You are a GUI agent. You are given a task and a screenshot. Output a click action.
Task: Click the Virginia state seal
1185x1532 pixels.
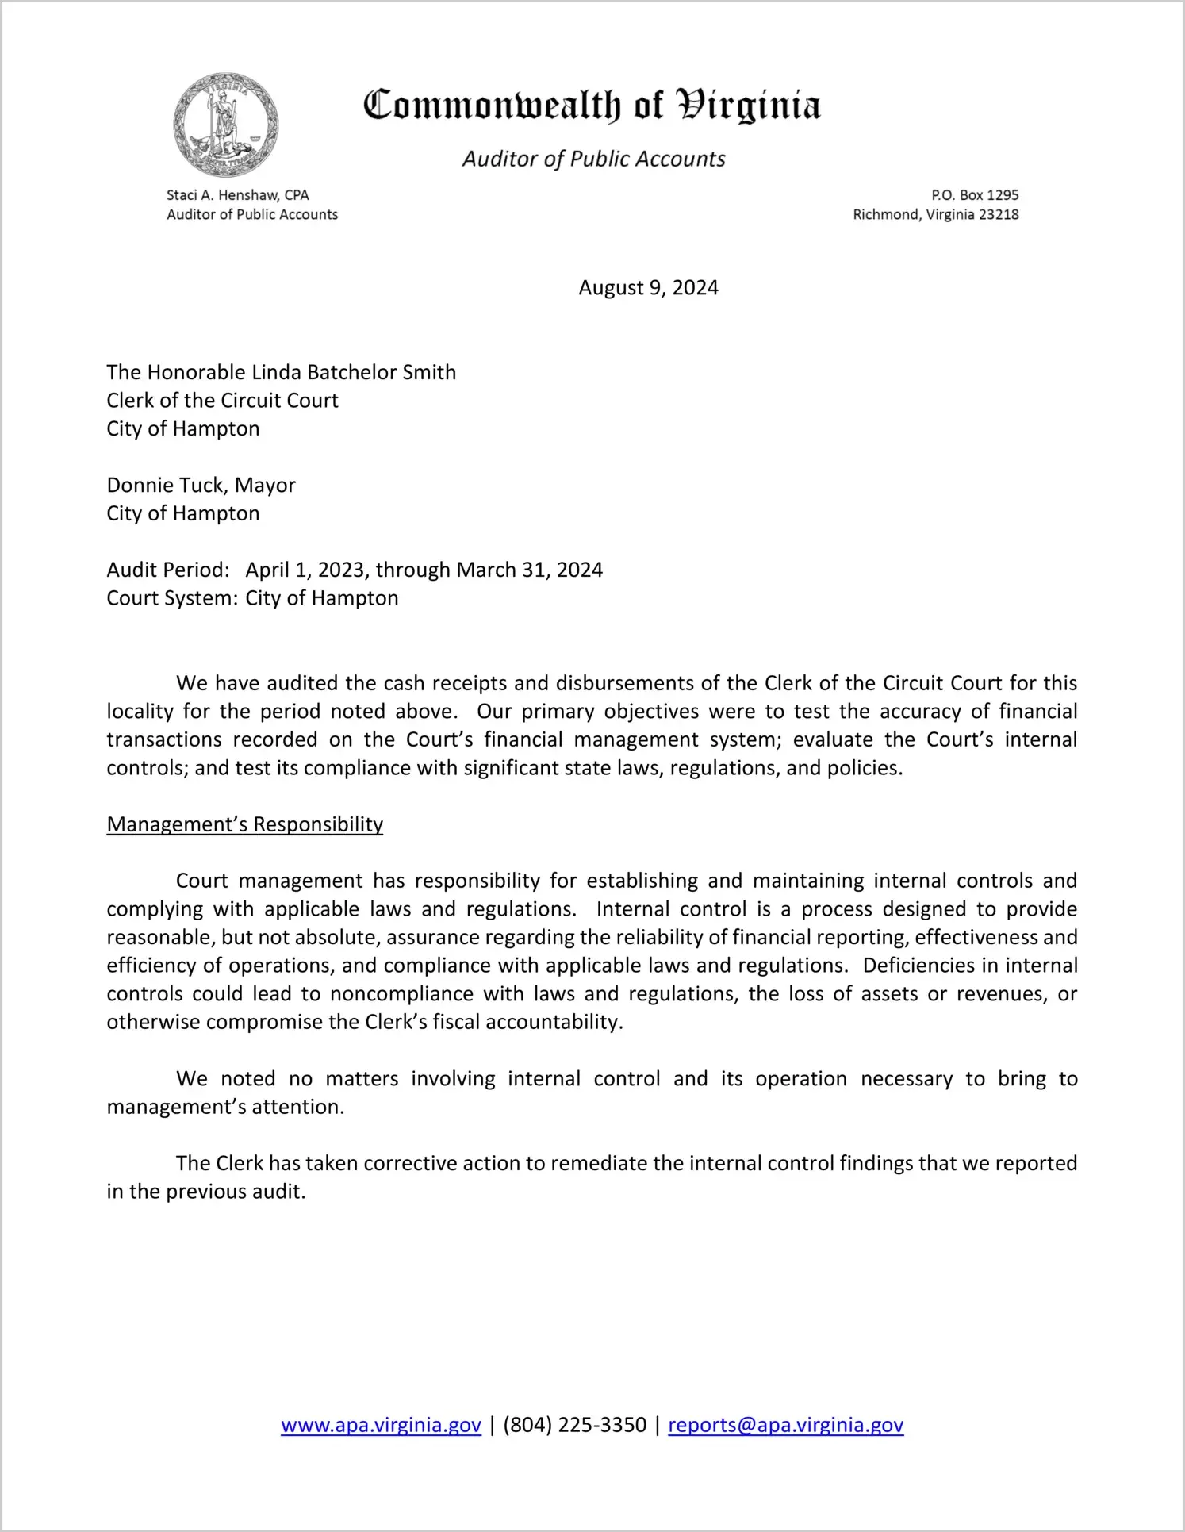click(x=225, y=125)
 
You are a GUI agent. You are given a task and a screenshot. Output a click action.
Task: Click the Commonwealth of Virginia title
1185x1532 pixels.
click(x=592, y=106)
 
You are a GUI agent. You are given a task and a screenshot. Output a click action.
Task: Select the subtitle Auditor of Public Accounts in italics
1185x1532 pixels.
click(x=593, y=159)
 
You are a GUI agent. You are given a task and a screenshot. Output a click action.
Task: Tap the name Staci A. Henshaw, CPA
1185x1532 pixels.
click(x=238, y=195)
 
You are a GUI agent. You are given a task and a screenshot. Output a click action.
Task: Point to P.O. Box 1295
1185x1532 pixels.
click(x=975, y=195)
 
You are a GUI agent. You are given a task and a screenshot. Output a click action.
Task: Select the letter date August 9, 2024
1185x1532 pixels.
click(x=648, y=288)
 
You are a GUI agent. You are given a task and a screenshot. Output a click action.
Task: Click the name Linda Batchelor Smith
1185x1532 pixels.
click(x=354, y=373)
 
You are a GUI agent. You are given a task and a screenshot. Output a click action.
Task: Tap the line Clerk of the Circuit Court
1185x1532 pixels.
click(x=223, y=401)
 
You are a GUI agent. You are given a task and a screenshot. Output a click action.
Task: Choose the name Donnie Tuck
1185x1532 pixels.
click(x=166, y=486)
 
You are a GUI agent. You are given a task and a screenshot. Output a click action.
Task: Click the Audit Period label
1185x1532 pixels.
click(x=168, y=570)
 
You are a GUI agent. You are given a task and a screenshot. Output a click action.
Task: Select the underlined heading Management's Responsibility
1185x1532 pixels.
click(x=245, y=825)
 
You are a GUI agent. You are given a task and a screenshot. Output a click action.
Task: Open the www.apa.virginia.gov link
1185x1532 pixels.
click(x=381, y=1426)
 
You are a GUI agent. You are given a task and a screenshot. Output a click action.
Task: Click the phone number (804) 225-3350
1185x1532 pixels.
click(x=575, y=1426)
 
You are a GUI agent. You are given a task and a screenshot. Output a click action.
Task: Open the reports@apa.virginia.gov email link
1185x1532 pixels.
click(x=786, y=1426)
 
